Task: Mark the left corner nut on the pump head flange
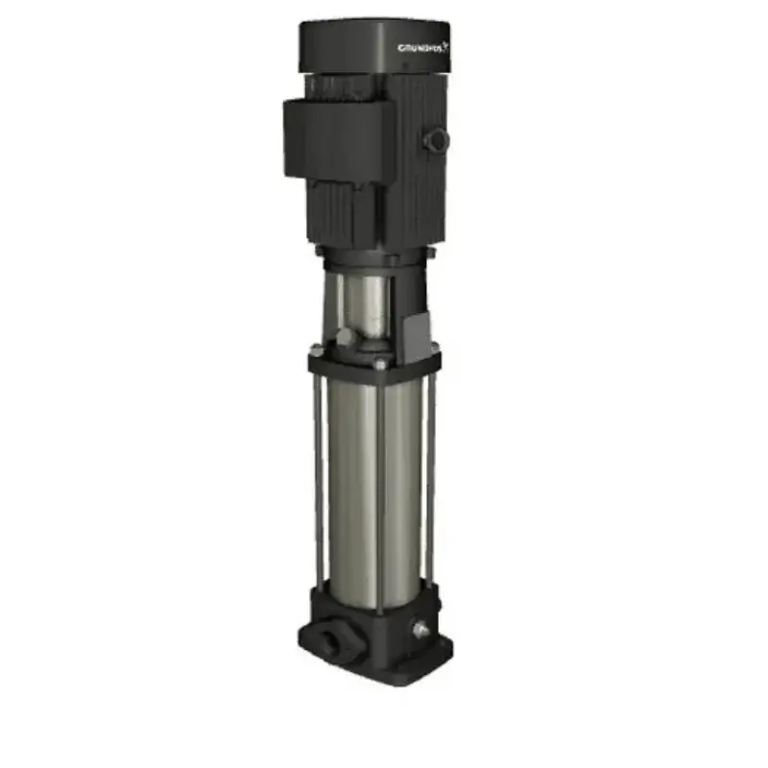click(314, 358)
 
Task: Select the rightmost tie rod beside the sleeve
click(433, 470)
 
